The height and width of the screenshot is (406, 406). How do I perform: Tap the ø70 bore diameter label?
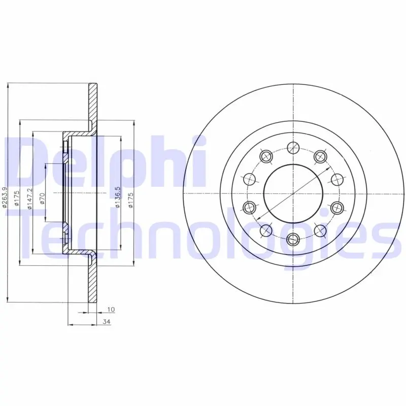43,198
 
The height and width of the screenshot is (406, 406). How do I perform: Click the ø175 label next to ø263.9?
17,198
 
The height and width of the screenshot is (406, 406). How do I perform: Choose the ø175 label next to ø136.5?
130,200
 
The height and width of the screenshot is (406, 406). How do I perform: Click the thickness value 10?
111,309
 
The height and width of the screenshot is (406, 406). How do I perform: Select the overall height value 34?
107,322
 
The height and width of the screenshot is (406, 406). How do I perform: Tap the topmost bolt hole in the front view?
293,148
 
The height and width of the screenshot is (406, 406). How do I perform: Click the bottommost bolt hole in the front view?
293,239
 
